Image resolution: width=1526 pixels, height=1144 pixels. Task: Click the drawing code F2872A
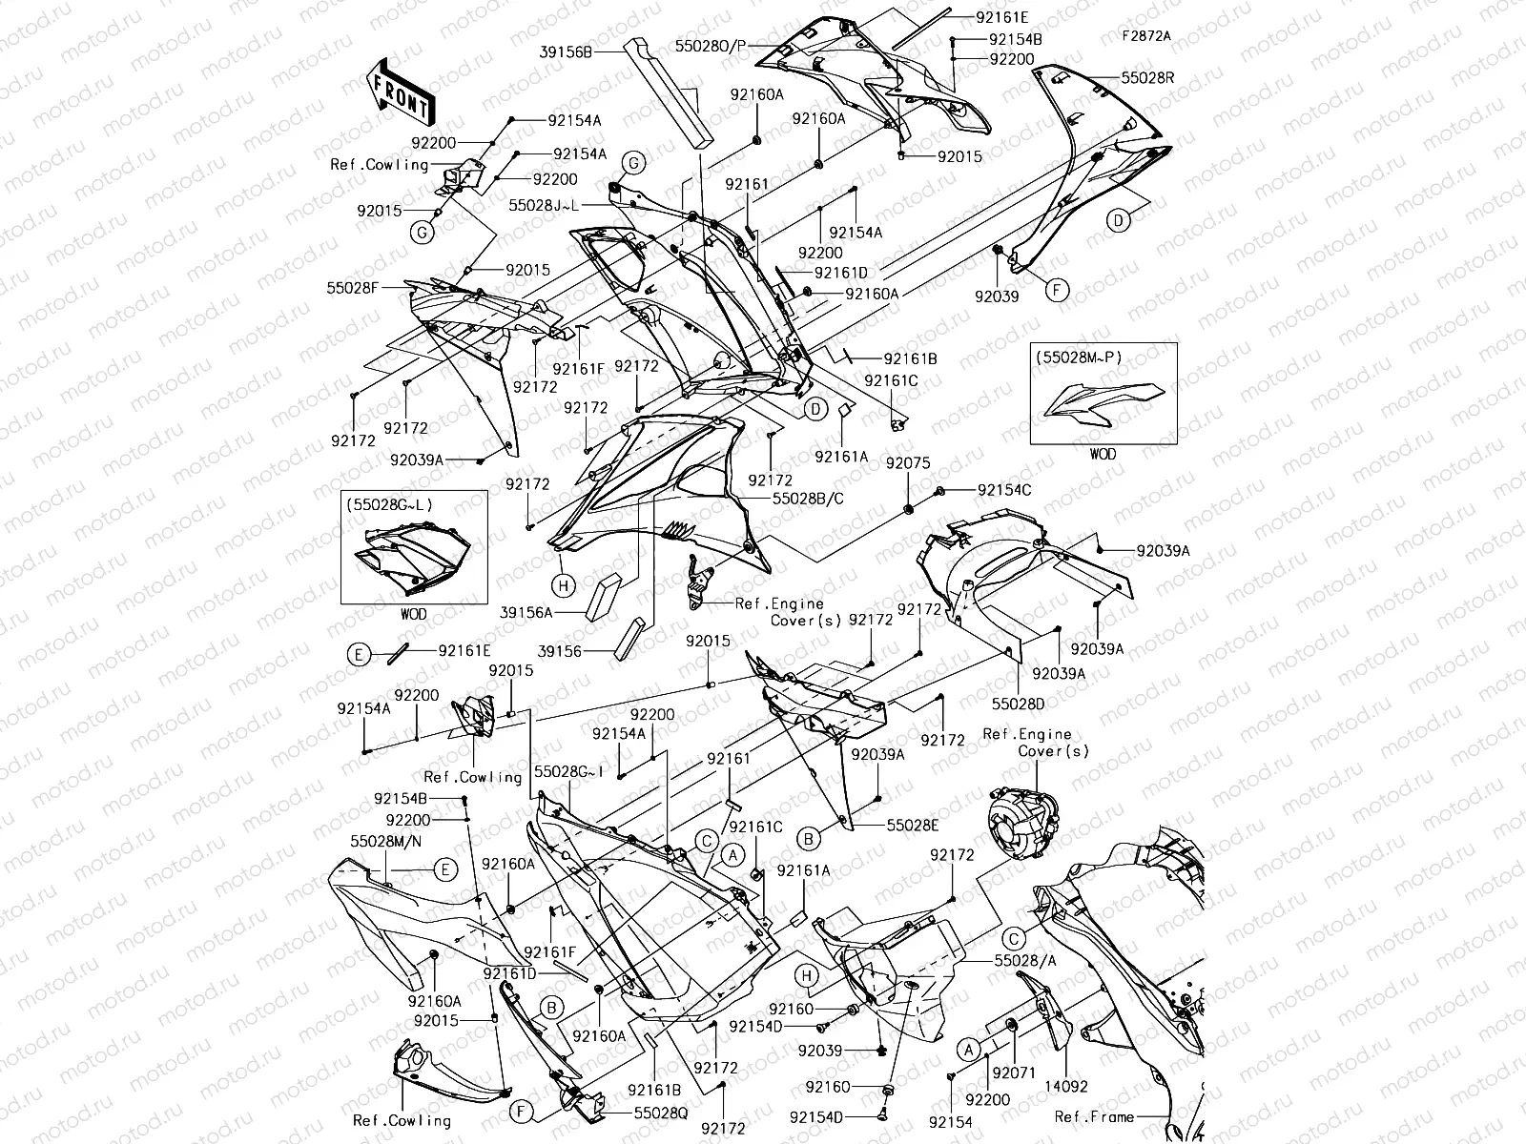(1146, 36)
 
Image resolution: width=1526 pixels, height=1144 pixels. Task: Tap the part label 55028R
(1147, 78)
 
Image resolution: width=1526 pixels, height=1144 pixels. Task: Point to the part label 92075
(907, 462)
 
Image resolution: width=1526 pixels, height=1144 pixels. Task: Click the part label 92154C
(1003, 490)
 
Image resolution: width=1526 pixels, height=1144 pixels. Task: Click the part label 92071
(1013, 1072)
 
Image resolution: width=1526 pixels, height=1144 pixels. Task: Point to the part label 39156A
(526, 613)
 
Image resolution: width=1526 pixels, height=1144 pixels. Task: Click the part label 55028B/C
(807, 498)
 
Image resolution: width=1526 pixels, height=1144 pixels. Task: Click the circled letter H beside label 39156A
(563, 584)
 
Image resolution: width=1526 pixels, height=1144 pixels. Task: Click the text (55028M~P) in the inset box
(1078, 357)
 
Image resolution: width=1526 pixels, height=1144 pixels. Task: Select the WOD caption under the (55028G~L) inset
(413, 614)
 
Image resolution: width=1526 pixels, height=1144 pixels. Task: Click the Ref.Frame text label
(1094, 1116)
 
